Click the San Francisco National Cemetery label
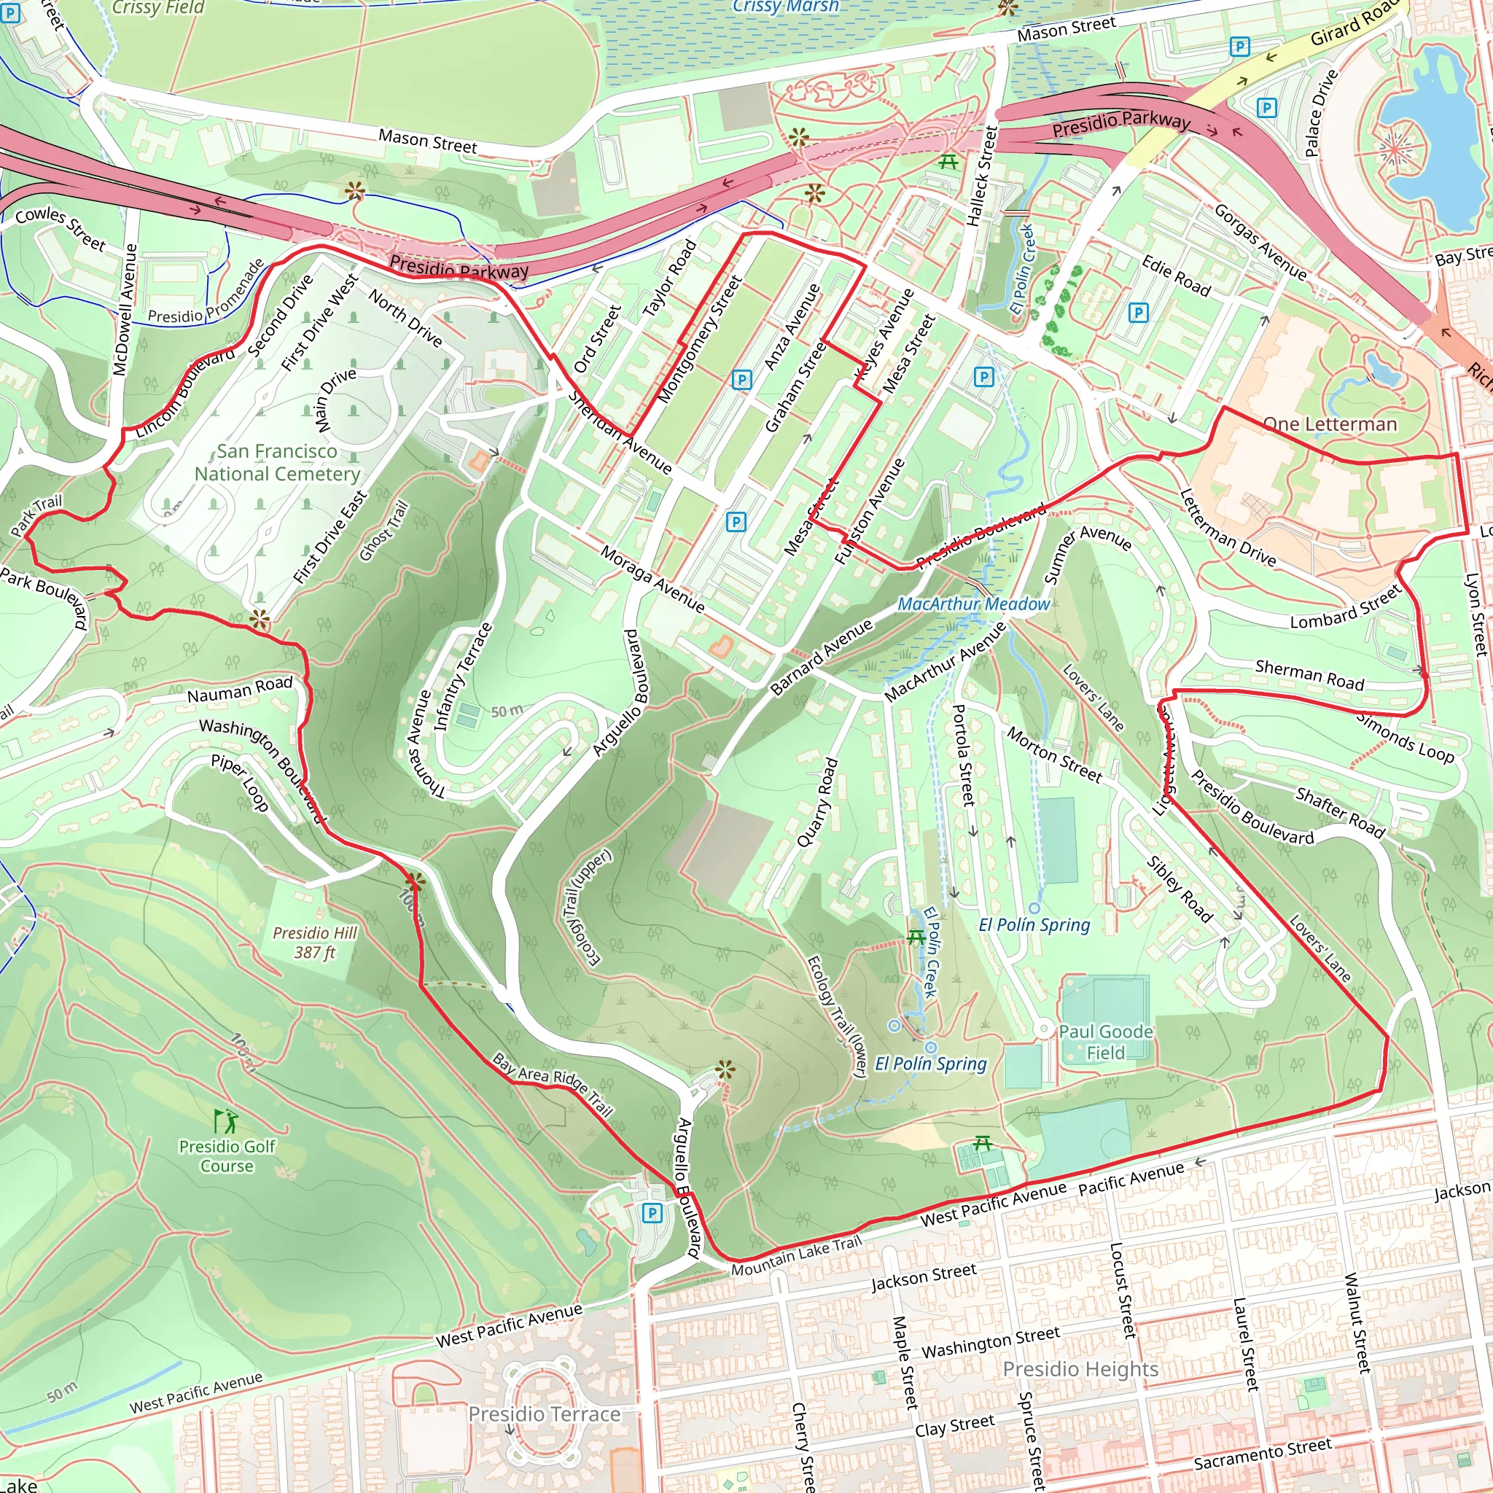276,462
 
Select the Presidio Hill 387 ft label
314,942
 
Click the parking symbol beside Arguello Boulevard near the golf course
652,1212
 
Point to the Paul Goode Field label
1105,1042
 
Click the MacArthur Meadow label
973,604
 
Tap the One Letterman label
1329,424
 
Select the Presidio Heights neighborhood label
1080,1368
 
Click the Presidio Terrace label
544,1414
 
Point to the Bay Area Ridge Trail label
553,1084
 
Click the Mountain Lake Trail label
796,1257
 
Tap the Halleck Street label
983,176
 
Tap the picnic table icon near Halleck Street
949,162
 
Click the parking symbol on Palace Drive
1266,107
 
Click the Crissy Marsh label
785,6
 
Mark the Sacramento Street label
1262,1453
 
